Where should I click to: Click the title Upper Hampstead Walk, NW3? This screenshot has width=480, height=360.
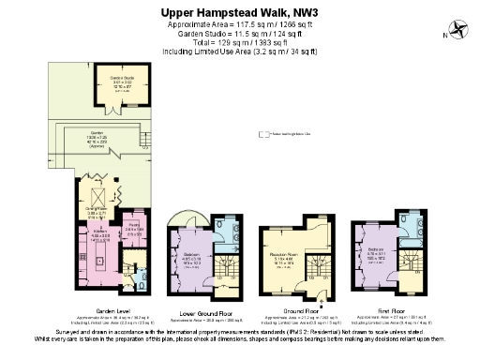tap(240, 10)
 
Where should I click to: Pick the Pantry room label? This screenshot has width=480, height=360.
tap(134, 226)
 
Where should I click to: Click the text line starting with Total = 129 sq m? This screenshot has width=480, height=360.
tap(240, 43)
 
